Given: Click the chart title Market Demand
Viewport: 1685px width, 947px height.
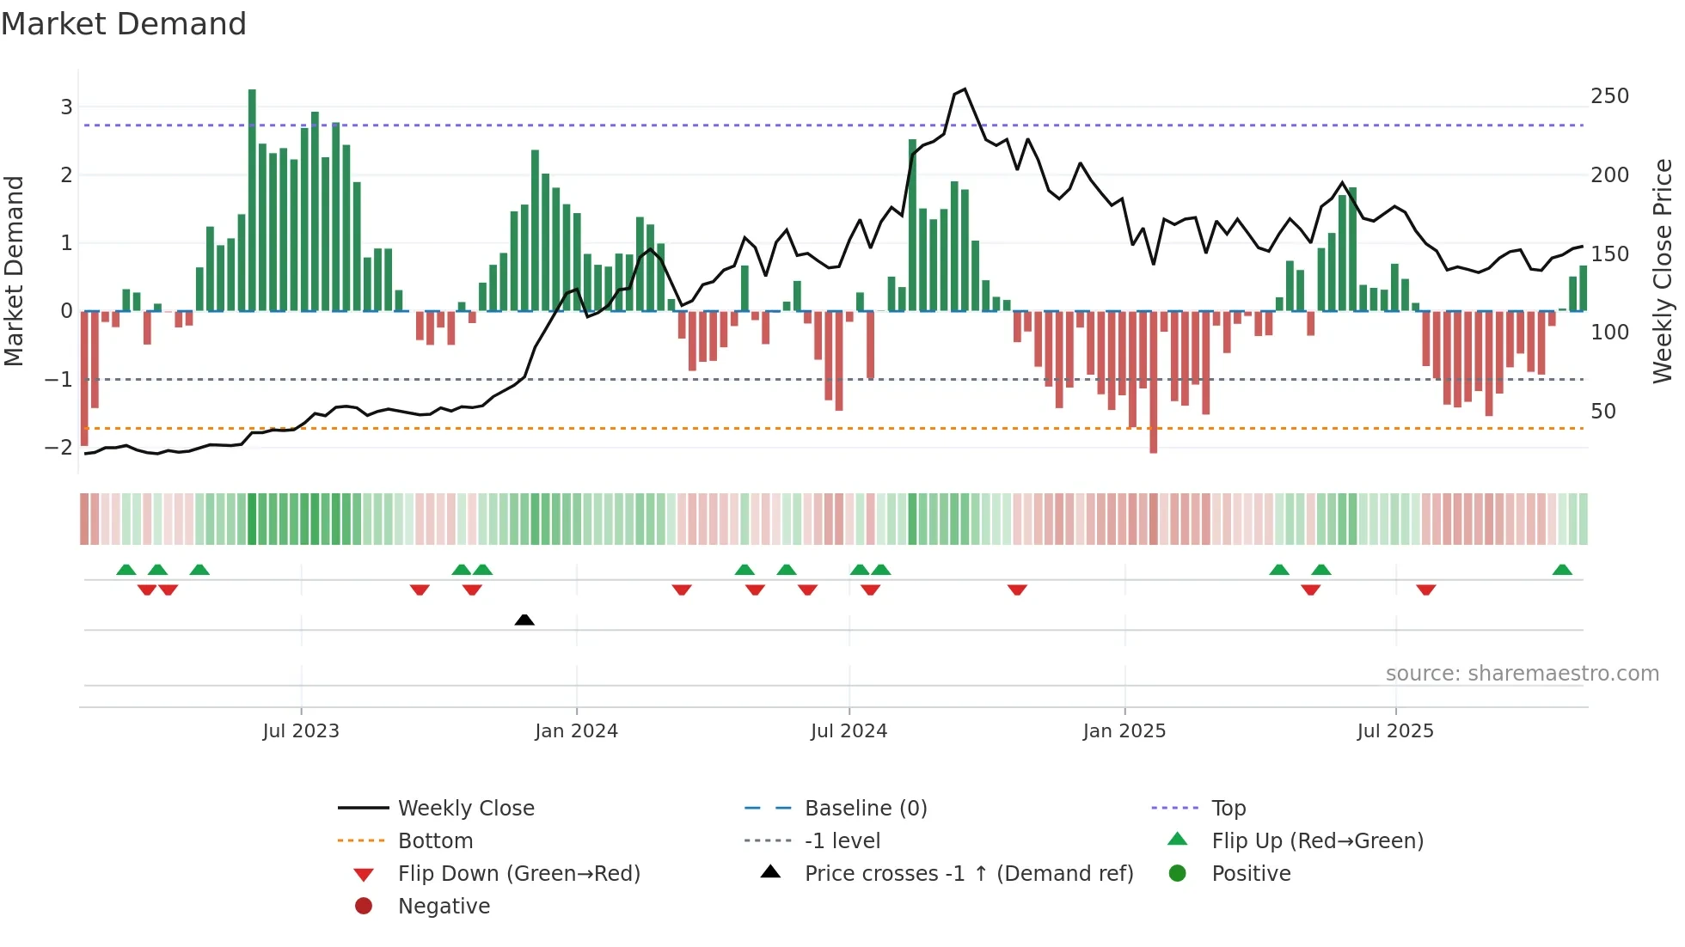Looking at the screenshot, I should (124, 24).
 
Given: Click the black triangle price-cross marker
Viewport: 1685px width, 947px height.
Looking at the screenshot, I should (524, 620).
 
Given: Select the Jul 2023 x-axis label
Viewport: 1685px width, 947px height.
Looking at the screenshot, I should (301, 731).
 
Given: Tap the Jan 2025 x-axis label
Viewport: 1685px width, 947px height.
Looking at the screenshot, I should (1124, 731).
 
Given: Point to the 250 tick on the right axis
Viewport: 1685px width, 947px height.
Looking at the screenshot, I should (1609, 96).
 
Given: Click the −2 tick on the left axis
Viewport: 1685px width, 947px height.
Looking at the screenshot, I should (58, 447).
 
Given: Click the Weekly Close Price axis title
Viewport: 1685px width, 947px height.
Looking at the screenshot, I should (1663, 271).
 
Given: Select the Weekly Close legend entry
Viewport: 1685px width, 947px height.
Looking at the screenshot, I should (465, 809).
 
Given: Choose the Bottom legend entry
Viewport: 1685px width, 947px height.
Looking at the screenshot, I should (435, 841).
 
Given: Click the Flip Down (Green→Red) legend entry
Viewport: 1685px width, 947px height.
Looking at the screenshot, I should (518, 874).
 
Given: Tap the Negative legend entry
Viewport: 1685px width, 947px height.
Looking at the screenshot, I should (444, 907).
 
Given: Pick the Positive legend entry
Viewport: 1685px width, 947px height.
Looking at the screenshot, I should (1251, 874).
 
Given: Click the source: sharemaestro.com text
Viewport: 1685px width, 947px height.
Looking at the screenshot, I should (1522, 674).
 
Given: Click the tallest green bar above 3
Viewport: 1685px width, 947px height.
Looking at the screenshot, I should (252, 198).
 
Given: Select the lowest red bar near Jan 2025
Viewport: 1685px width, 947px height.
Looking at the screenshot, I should (1153, 382).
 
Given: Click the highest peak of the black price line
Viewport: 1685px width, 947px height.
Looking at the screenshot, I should (965, 89).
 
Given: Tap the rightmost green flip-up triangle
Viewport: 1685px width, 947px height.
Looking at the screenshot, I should (1562, 570).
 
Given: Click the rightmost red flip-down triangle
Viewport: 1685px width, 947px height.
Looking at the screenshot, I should (1426, 590).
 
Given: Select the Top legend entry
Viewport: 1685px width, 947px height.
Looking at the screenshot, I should (1229, 809).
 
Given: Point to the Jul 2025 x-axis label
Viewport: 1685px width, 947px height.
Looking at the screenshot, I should (1395, 731).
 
